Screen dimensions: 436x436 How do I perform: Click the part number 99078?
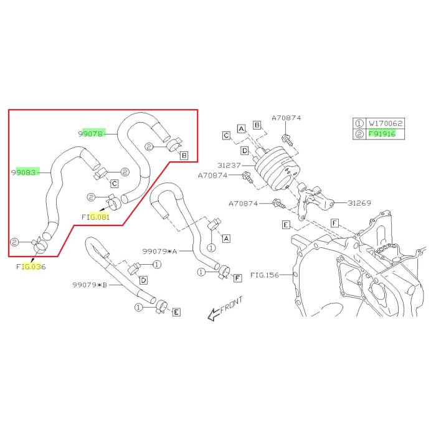pyautogui.click(x=92, y=134)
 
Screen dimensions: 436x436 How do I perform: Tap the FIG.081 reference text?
pyautogui.click(x=96, y=217)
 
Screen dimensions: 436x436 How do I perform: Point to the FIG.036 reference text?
pyautogui.click(x=31, y=267)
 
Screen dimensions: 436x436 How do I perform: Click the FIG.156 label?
pyautogui.click(x=265, y=275)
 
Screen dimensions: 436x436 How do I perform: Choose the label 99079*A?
pyautogui.click(x=159, y=252)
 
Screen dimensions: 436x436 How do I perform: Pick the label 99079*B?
pyautogui.click(x=90, y=285)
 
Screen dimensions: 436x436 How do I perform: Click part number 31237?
pyautogui.click(x=229, y=165)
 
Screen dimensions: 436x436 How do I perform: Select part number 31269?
pyautogui.click(x=359, y=203)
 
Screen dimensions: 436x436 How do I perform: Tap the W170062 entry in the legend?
pyautogui.click(x=386, y=123)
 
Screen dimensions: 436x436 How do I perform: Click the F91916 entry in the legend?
pyautogui.click(x=382, y=134)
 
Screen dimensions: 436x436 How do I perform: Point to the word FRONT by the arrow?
pyautogui.click(x=231, y=305)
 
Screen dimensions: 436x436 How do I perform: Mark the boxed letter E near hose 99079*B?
pyautogui.click(x=176, y=312)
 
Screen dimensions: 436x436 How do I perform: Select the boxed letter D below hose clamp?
pyautogui.click(x=143, y=280)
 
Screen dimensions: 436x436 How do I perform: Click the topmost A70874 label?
pyautogui.click(x=286, y=118)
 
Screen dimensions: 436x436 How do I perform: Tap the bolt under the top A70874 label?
pyautogui.click(x=287, y=140)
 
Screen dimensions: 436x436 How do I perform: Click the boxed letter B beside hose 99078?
pyautogui.click(x=184, y=155)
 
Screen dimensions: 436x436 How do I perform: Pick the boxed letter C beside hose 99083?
pyautogui.click(x=114, y=184)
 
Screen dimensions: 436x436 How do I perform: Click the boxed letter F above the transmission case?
pyautogui.click(x=335, y=223)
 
